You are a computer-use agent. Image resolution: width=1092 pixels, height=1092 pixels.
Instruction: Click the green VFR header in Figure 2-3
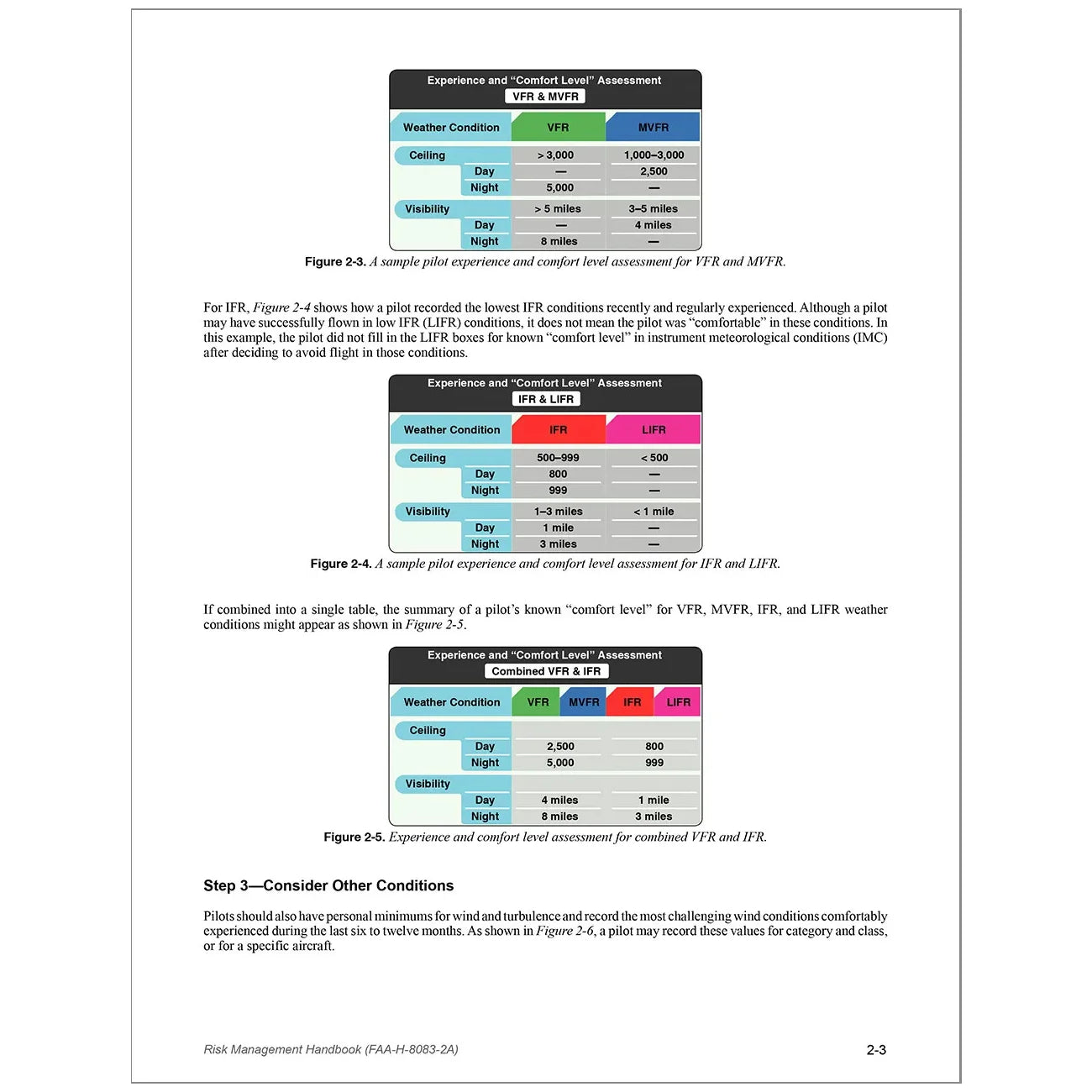click(x=558, y=128)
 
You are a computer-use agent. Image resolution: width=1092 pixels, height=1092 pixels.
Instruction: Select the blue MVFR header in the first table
click(x=653, y=128)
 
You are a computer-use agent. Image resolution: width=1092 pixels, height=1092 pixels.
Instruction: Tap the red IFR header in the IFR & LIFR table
click(x=559, y=430)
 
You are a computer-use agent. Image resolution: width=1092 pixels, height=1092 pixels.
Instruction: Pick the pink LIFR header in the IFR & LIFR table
click(x=654, y=430)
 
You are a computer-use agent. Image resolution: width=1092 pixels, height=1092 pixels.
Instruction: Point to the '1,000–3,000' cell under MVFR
click(x=654, y=155)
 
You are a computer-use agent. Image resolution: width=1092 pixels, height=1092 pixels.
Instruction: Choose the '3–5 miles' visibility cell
click(x=653, y=209)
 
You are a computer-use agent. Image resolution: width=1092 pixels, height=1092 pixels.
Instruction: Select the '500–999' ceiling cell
click(x=558, y=458)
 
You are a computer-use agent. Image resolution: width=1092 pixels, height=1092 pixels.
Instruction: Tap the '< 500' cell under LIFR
click(x=654, y=458)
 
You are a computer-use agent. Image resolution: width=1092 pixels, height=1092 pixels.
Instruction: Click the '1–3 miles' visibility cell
click(x=558, y=512)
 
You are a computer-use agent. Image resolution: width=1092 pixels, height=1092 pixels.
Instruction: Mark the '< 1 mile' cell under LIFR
click(x=654, y=512)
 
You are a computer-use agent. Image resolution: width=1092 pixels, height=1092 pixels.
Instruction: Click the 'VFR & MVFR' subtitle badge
click(x=546, y=97)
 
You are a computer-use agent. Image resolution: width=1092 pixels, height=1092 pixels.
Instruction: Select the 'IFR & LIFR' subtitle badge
click(x=546, y=399)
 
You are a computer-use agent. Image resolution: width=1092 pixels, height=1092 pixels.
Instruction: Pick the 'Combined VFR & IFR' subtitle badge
click(x=546, y=671)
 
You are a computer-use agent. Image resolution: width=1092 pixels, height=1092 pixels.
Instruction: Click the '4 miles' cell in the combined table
click(x=559, y=801)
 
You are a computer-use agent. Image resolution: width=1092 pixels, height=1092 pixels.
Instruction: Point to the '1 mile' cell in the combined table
click(x=654, y=801)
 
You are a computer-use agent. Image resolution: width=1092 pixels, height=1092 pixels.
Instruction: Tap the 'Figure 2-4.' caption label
click(x=341, y=564)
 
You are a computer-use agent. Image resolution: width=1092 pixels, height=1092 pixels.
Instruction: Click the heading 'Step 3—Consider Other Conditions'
click(x=328, y=886)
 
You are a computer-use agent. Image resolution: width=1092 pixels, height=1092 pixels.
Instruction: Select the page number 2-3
click(x=876, y=1050)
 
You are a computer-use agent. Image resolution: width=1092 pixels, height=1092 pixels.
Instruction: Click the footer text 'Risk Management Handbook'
click(x=282, y=1050)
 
